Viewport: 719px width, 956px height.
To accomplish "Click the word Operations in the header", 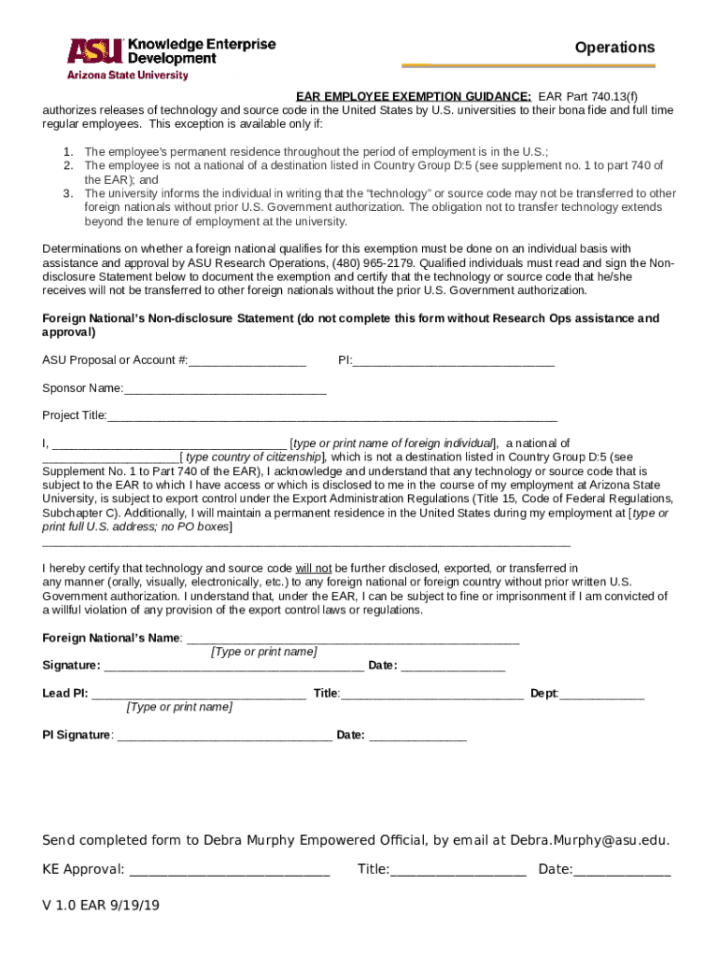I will pyautogui.click(x=614, y=48).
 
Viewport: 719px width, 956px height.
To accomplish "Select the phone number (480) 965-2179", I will pyautogui.click(x=376, y=262).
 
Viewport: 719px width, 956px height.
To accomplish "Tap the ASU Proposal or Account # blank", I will pyautogui.click(x=247, y=360).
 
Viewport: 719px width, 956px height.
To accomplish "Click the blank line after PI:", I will pyautogui.click(x=454, y=360).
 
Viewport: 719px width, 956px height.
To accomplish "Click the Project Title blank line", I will pyautogui.click(x=331, y=416).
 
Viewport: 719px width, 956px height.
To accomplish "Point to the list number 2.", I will pyautogui.click(x=68, y=165).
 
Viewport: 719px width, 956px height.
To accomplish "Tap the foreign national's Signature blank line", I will pyautogui.click(x=233, y=666).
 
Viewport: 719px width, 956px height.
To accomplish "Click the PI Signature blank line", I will pyautogui.click(x=224, y=736).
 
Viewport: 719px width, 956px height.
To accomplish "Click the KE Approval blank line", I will pyautogui.click(x=229, y=870).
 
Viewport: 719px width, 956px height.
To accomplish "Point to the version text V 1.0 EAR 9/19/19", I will pyautogui.click(x=101, y=906).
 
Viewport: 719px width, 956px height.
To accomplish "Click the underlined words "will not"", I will pyautogui.click(x=314, y=568).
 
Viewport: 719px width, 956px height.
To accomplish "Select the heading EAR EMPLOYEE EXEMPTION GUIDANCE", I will pyautogui.click(x=414, y=96).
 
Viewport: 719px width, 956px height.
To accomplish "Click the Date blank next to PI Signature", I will pyautogui.click(x=417, y=736).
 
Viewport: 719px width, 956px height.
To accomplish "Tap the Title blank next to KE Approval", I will pyautogui.click(x=458, y=870).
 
